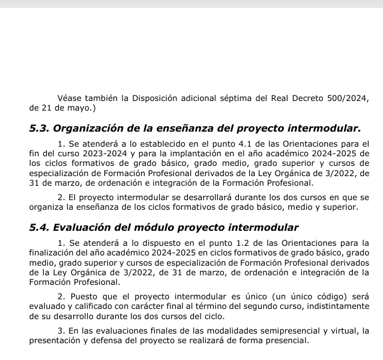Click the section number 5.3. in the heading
[40, 128]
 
